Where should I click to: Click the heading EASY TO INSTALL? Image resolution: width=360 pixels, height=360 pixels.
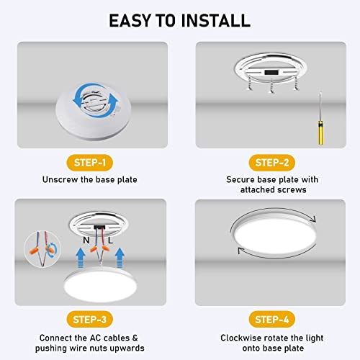click(180, 19)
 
